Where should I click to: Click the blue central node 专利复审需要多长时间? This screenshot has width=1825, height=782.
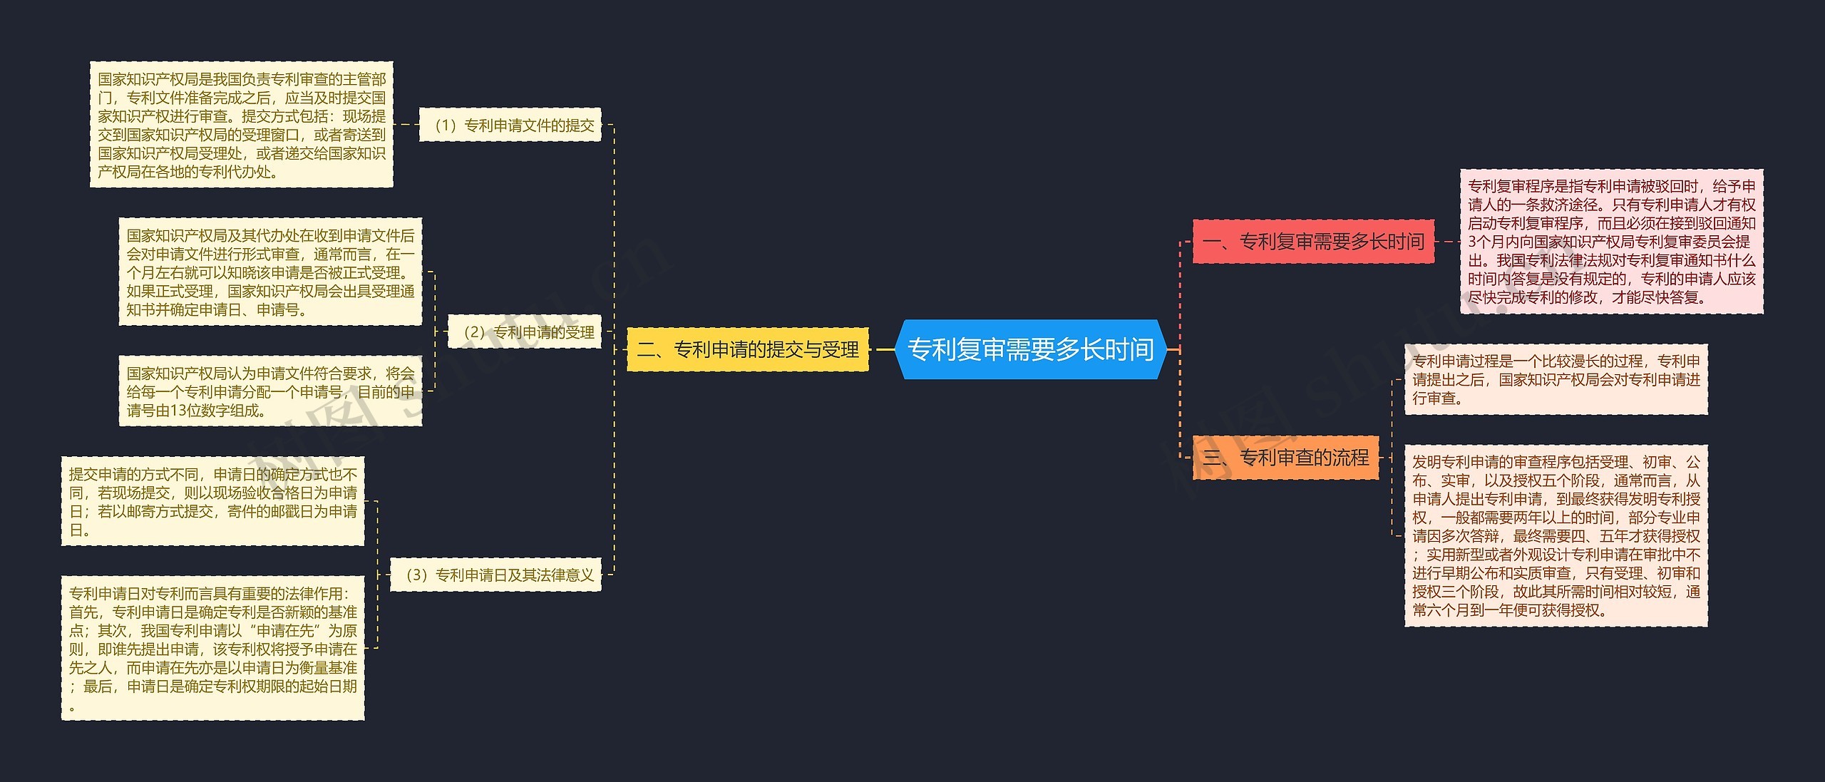coord(1030,349)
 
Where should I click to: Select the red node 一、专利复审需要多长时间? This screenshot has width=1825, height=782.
coord(1313,242)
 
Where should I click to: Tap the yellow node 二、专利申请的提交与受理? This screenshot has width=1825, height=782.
coord(747,349)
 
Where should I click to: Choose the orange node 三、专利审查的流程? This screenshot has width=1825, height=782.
coord(1285,457)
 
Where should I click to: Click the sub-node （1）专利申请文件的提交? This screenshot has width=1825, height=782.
coord(510,125)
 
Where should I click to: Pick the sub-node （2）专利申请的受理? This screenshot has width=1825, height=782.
coord(524,331)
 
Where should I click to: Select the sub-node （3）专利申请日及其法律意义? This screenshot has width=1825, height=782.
coord(495,575)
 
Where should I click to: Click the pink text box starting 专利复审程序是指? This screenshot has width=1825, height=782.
coord(1611,242)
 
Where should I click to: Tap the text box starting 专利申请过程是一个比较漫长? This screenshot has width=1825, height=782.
coord(1556,379)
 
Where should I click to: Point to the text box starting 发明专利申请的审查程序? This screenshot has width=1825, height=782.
coord(1556,536)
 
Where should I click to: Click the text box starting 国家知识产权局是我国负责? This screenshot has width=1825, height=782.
coord(241,125)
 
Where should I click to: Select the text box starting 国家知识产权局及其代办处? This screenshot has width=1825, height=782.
coord(270,272)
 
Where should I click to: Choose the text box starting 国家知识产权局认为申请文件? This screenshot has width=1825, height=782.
coord(270,391)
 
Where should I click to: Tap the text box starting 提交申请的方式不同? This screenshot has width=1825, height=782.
coord(212,501)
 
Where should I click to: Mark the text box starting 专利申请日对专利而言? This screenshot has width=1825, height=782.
coord(212,648)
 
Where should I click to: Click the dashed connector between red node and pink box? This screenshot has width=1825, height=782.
coord(1446,242)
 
